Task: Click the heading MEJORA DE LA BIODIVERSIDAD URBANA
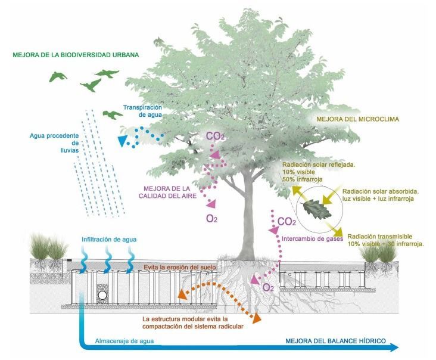point(75,55)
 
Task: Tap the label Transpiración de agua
point(143,111)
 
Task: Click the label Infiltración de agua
point(109,240)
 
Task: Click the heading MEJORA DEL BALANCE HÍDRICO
point(335,342)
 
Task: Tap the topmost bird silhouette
point(104,74)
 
